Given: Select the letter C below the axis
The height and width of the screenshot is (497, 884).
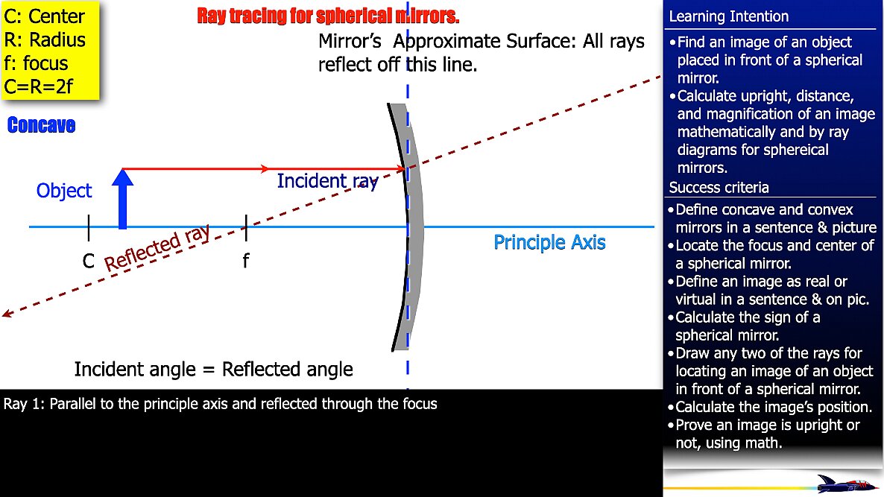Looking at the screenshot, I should click(x=89, y=262).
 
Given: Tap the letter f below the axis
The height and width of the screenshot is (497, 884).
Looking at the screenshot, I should click(x=245, y=262).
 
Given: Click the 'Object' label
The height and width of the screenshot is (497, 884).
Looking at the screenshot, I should click(x=64, y=191).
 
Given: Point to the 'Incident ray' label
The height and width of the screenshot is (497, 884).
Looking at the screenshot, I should click(x=327, y=181).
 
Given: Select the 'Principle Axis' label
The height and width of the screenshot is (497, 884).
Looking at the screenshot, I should click(x=549, y=243).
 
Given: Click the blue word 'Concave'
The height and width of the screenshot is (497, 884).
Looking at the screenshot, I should click(x=41, y=125).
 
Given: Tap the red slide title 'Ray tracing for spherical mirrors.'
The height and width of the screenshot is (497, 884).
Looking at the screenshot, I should click(x=328, y=16).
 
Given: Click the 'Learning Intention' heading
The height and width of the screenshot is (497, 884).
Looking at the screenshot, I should click(x=728, y=16).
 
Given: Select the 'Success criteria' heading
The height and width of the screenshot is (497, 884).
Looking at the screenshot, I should click(x=719, y=187).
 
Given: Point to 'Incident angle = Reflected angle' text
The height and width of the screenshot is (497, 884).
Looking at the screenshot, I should click(x=213, y=370).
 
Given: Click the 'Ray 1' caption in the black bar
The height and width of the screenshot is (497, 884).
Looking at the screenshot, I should click(x=221, y=405).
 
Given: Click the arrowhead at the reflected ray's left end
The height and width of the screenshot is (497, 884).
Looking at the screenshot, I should click(x=7, y=314).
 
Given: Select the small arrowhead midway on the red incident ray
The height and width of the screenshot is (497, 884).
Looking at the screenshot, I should click(x=264, y=169).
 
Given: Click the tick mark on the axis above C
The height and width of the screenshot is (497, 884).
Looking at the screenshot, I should click(x=89, y=227).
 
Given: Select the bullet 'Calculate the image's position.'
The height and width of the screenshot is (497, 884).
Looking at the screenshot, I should click(x=773, y=408).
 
